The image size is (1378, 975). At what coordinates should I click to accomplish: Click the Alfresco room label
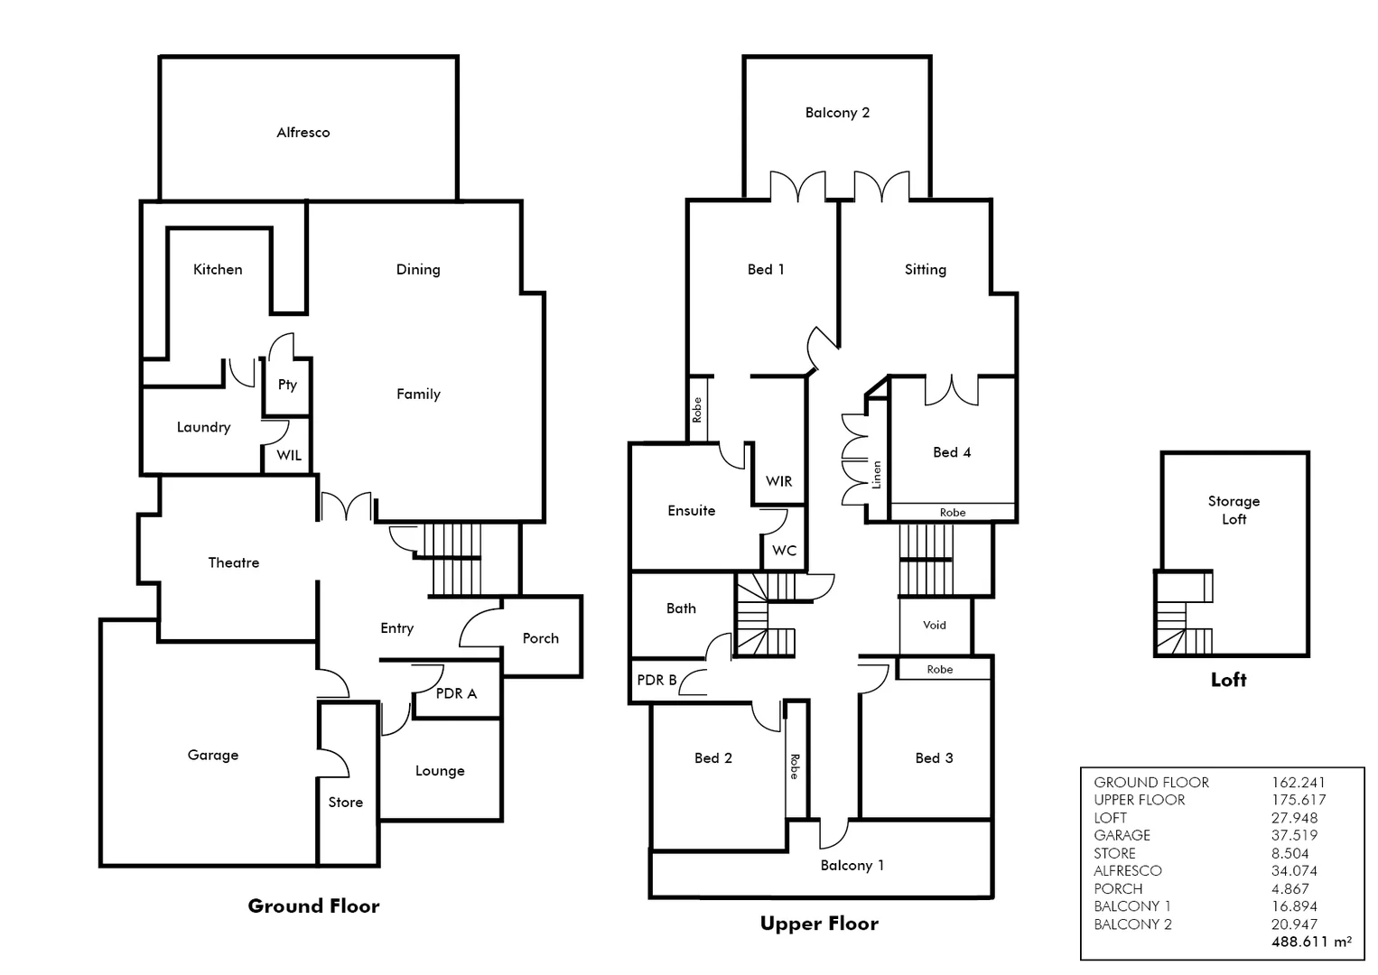coord(303,133)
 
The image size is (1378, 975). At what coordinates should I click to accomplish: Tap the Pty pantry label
coord(287,385)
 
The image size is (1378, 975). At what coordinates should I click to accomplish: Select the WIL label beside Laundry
coord(289,455)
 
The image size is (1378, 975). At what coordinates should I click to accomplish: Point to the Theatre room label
coord(234,562)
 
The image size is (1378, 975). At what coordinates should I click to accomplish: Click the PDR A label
coord(456,693)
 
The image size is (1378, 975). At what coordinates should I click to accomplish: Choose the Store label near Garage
coord(346,802)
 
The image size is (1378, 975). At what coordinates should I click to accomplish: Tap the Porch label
coord(541,638)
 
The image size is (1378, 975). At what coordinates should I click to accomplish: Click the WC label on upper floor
coord(784,551)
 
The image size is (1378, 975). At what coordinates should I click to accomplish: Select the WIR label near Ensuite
coord(778,481)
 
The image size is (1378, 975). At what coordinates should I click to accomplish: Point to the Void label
coord(935,625)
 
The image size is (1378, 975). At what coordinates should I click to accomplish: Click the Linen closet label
coord(876,475)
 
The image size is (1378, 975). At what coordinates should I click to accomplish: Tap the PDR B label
coord(656,680)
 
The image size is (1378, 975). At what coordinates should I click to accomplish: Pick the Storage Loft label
coord(1234,510)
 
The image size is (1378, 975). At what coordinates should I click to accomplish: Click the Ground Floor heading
coord(313,906)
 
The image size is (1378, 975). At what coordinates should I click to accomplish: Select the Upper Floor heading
coord(819,924)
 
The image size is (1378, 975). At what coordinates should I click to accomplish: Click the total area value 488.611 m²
coord(1311,942)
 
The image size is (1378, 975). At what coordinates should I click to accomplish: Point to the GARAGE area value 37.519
coord(1294,835)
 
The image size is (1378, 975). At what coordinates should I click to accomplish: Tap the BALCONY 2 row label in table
coord(1132,924)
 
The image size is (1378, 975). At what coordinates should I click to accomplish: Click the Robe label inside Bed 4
coord(953,513)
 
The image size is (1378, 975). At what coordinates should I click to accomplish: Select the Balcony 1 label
coord(852,865)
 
